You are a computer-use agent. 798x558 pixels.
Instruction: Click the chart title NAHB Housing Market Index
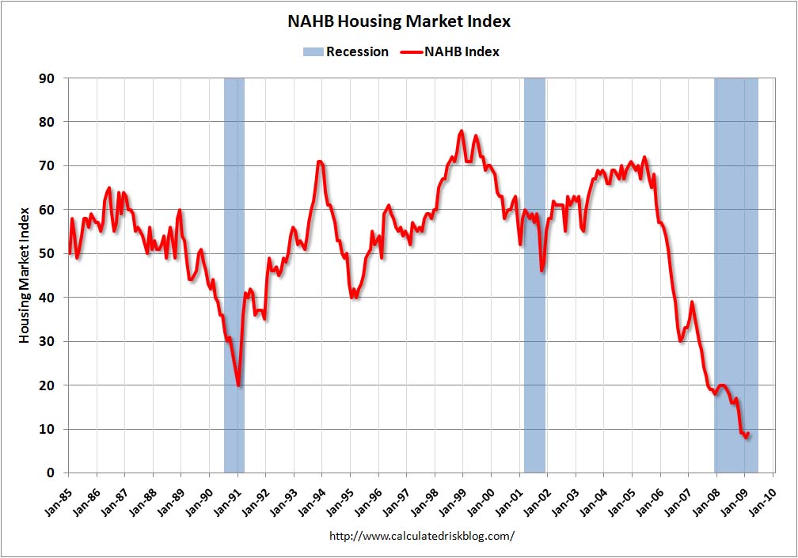(399, 22)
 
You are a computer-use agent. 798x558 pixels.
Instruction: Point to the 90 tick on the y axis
(47, 78)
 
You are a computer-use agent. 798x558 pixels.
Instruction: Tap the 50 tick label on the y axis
(47, 253)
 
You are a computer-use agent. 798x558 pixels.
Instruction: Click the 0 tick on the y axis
(51, 473)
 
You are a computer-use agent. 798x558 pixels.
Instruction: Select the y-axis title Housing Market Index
(25, 274)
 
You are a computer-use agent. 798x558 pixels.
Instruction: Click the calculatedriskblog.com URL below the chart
(421, 536)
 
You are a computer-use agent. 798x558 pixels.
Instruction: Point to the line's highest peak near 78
(462, 131)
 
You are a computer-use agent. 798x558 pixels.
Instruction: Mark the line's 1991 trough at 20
(238, 385)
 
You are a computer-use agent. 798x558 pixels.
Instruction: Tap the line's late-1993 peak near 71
(319, 161)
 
